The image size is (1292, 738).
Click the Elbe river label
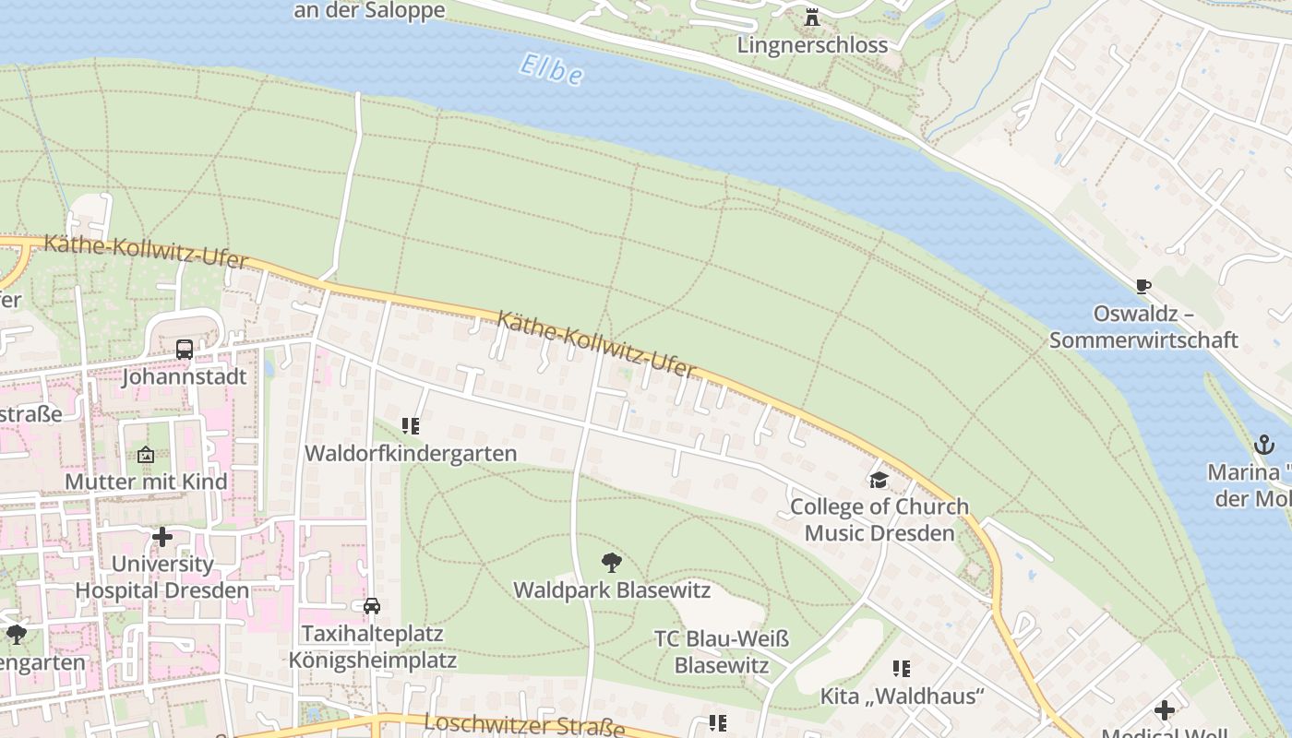[x=551, y=70]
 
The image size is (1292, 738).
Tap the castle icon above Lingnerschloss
[x=812, y=17]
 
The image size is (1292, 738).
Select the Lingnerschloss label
[x=812, y=44]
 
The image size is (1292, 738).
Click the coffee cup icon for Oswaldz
[x=1143, y=287]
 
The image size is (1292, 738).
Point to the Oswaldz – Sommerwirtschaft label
[x=1143, y=327]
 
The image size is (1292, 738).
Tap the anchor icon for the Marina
[x=1263, y=445]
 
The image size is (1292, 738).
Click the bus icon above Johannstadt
[x=185, y=350]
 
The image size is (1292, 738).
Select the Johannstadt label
[x=185, y=376]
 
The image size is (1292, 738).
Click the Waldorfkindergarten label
[x=411, y=453]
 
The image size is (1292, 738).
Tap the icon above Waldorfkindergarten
[x=411, y=426]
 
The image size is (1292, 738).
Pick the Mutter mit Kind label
[x=146, y=482]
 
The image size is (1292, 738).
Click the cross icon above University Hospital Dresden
[x=162, y=536]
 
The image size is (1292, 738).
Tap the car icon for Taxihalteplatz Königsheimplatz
[x=372, y=606]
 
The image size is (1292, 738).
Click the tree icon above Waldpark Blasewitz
[x=611, y=562]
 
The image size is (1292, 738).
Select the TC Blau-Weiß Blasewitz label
[x=721, y=651]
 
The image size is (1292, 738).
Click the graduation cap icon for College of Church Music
[x=879, y=480]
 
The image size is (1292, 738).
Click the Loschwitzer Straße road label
[x=525, y=725]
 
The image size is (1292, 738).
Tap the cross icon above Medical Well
[x=1165, y=710]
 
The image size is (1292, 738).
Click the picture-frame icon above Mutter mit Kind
[x=146, y=455]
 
